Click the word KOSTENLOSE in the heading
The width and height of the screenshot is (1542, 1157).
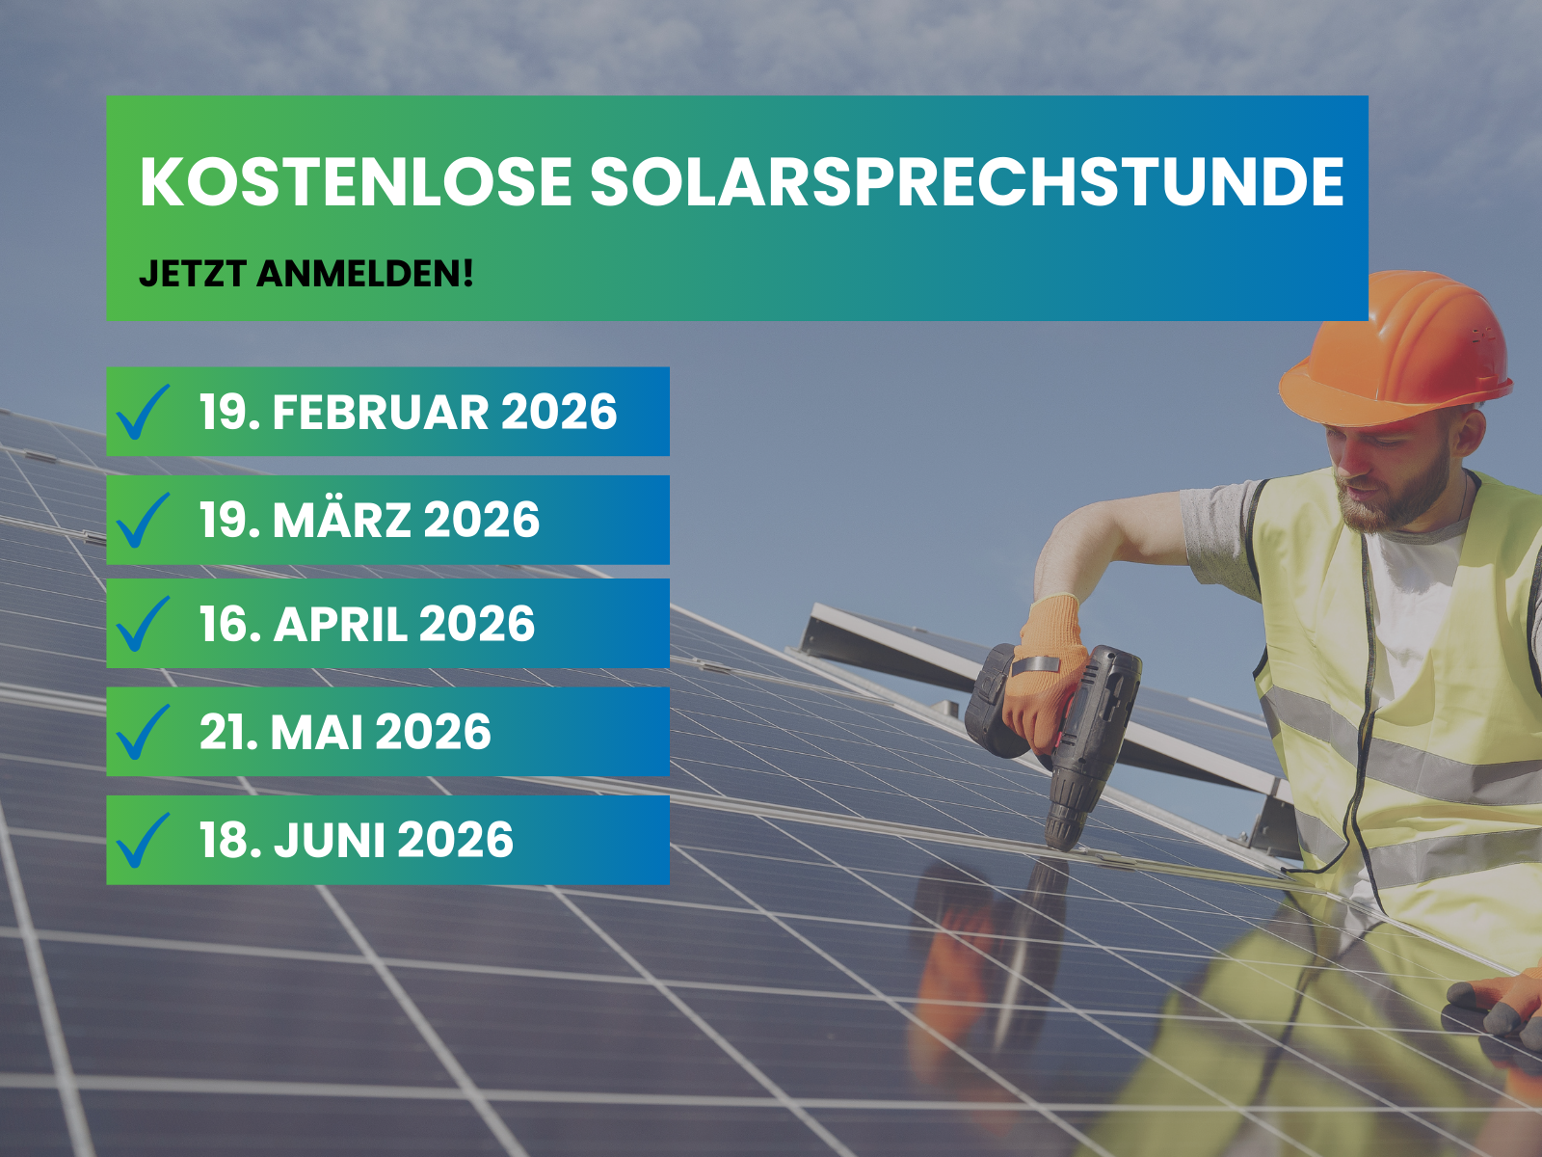click(356, 182)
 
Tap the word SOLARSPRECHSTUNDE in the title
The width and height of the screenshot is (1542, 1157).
click(967, 182)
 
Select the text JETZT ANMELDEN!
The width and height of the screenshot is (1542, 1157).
click(306, 274)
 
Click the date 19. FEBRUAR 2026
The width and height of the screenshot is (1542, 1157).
click(408, 413)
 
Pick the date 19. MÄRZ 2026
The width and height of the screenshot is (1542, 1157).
click(369, 521)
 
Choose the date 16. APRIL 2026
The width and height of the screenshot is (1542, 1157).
click(366, 625)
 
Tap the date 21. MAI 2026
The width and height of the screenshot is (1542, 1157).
click(345, 733)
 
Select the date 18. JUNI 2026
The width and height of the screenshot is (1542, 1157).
click(356, 841)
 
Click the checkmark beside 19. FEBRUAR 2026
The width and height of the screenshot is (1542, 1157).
click(143, 413)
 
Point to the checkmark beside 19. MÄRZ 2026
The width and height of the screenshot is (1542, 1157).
click(143, 521)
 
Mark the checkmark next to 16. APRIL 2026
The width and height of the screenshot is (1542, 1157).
click(143, 625)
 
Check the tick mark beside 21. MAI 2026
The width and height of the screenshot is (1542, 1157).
click(143, 733)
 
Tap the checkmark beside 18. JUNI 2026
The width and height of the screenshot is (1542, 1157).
click(143, 841)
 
